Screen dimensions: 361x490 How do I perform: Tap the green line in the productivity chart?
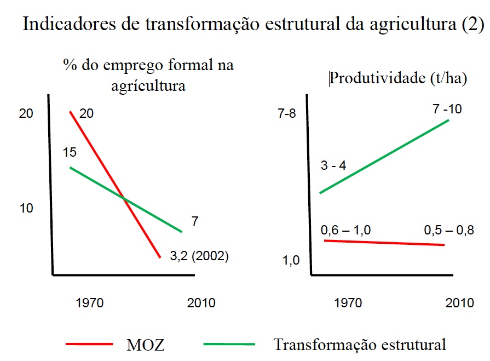coord(383,157)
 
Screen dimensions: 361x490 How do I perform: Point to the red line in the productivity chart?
coord(383,242)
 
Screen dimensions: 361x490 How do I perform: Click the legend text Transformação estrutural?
coord(360,345)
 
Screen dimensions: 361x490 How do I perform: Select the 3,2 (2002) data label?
coord(199,255)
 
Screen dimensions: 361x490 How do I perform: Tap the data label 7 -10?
coord(447,109)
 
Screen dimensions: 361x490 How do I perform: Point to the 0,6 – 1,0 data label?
coord(345,230)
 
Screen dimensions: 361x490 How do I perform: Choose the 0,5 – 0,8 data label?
coord(449,230)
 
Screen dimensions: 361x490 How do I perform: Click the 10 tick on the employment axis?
coord(26,208)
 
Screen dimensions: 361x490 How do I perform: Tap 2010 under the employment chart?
coord(201,303)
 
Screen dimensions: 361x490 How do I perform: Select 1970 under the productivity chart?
coord(348,303)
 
